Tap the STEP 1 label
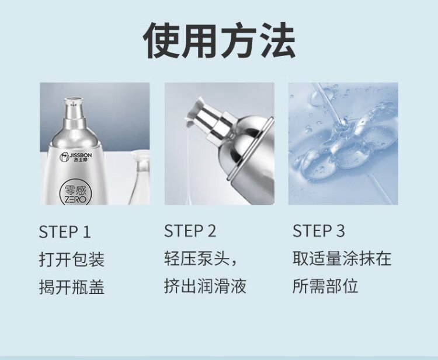(65, 232)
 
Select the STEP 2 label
(190, 231)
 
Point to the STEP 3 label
(319, 231)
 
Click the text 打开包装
(72, 260)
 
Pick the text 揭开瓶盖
(72, 287)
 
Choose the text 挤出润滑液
(205, 286)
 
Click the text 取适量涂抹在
(342, 258)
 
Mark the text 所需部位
(325, 286)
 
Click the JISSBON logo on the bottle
(75, 158)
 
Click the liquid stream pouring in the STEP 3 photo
(329, 103)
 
